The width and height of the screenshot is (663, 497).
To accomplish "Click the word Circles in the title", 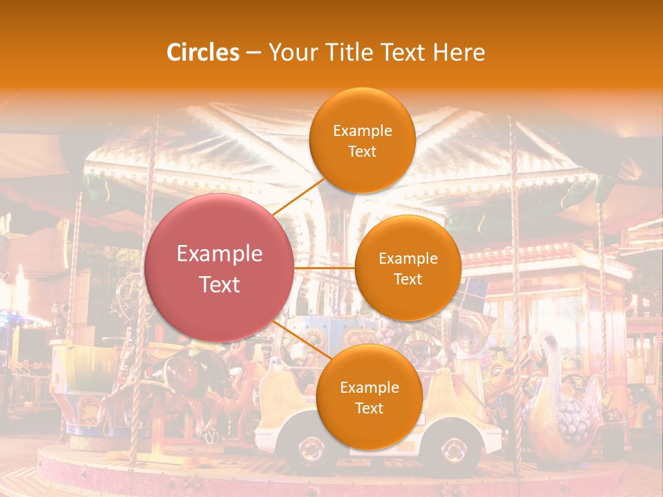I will click(203, 52).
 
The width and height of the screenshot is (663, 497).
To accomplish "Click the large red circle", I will click(219, 268).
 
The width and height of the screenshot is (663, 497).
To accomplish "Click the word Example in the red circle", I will click(220, 254).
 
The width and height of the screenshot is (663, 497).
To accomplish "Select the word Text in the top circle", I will click(362, 151).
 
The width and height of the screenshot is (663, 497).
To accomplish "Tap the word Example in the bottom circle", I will click(369, 388).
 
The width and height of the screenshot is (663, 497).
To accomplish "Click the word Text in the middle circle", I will click(407, 279).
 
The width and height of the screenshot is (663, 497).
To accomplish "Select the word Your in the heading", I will click(289, 52).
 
